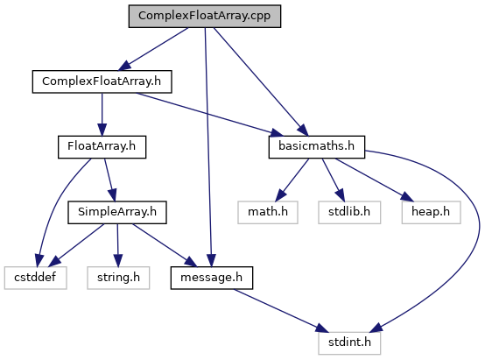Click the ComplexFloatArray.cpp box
[205, 16]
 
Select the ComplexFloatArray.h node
[102, 81]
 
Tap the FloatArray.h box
[102, 147]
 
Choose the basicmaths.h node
[317, 147]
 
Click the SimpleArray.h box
[117, 212]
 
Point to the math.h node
[268, 212]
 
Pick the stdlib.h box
[349, 212]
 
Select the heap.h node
[432, 212]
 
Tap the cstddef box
[35, 278]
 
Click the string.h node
[118, 278]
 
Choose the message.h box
[212, 278]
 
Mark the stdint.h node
[349, 343]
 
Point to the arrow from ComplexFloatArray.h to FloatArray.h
[102, 114]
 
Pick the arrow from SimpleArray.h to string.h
[117, 245]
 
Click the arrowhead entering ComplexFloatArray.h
[124, 66]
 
